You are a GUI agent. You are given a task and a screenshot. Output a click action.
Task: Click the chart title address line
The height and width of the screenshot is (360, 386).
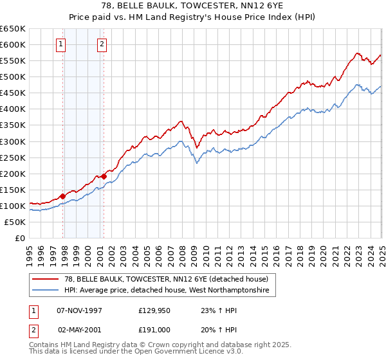point(192,6)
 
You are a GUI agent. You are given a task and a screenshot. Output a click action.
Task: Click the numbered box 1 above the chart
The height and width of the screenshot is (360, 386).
point(60,44)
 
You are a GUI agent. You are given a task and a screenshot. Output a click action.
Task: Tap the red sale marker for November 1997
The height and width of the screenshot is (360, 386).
point(63,196)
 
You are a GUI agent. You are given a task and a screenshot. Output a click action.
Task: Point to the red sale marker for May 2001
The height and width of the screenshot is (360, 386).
point(104,175)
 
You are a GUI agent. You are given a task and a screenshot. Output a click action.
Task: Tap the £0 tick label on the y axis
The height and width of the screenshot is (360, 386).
point(20,239)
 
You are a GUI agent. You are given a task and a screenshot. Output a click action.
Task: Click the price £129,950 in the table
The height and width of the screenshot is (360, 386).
point(154,310)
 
